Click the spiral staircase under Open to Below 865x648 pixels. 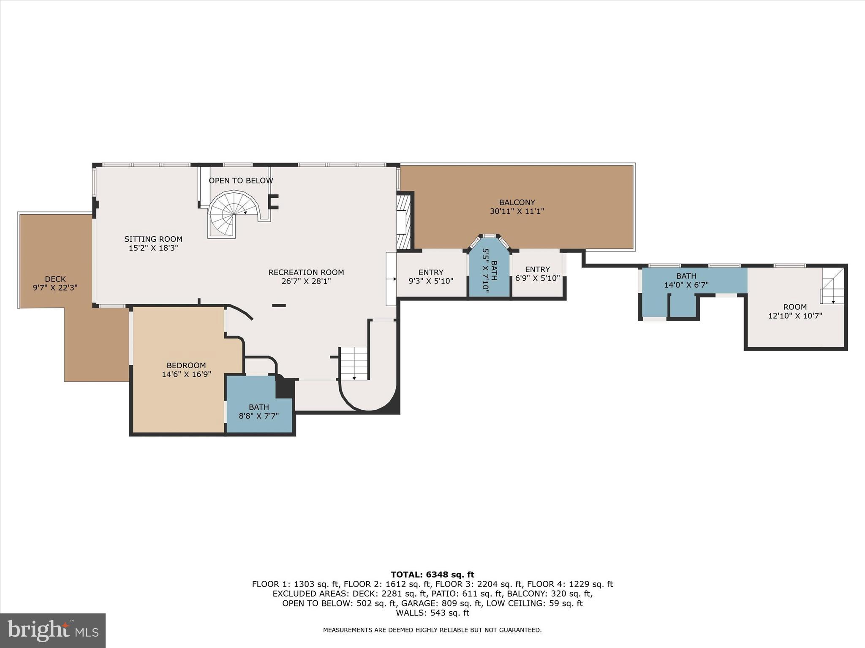(x=234, y=214)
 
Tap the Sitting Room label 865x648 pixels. (x=153, y=239)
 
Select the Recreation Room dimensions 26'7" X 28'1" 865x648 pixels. (x=306, y=281)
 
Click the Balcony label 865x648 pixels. (x=517, y=202)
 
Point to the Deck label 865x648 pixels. (x=55, y=279)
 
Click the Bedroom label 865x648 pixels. (x=186, y=365)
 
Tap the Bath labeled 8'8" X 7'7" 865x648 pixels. (x=258, y=411)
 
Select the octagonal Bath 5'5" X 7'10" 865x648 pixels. (x=490, y=270)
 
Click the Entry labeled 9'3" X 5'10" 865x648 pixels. (x=430, y=276)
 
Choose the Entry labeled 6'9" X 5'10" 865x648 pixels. (x=537, y=274)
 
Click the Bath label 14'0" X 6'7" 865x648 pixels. (x=686, y=281)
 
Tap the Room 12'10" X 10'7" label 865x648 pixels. (x=794, y=311)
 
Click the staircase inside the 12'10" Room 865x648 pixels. (x=832, y=287)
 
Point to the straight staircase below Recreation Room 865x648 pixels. (x=354, y=363)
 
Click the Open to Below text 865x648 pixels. (x=241, y=181)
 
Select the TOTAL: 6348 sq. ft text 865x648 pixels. (x=432, y=575)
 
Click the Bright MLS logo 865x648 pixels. (x=53, y=631)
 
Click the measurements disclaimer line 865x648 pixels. (x=432, y=630)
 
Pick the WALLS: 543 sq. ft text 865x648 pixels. (x=432, y=613)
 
